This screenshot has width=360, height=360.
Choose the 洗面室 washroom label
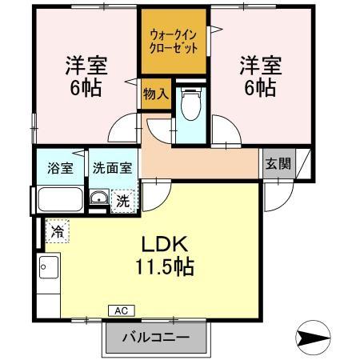pyautogui.click(x=112, y=169)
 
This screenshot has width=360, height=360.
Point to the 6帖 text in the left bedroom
pyautogui.click(x=86, y=88)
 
